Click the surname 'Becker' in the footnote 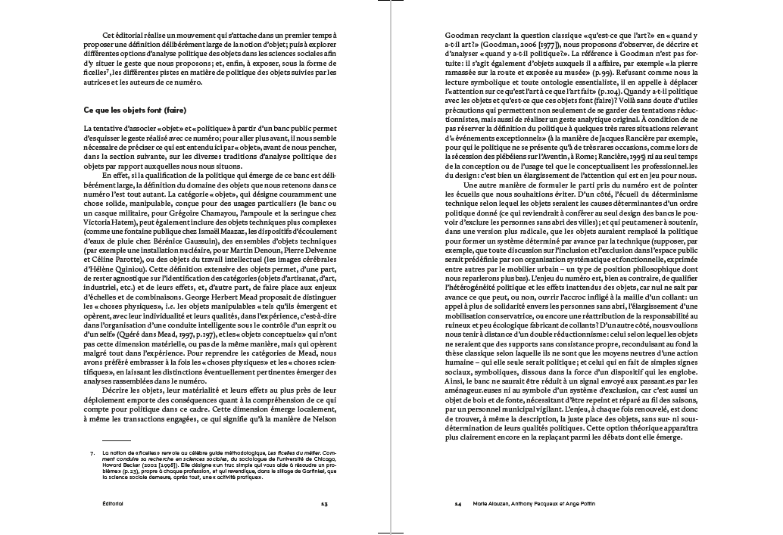click(x=139, y=465)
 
